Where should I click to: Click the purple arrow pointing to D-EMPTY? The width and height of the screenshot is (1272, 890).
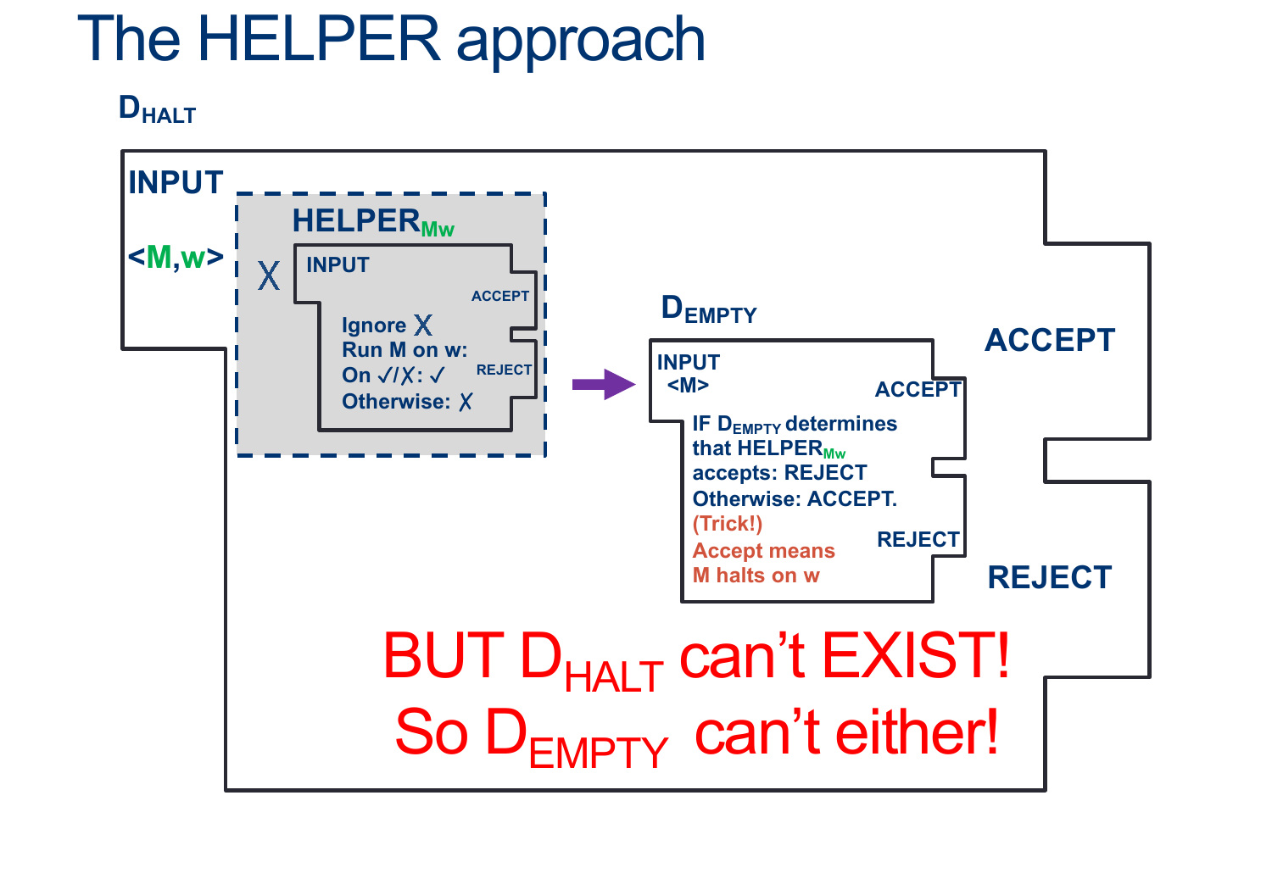click(604, 384)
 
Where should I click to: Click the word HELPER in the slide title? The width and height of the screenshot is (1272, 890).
click(319, 39)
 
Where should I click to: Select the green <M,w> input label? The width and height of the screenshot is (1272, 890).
click(176, 257)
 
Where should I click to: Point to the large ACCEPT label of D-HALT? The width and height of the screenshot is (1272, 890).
click(1050, 340)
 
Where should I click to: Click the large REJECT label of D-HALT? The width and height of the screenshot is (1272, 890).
click(1050, 577)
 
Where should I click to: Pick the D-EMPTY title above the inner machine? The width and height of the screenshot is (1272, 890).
click(709, 309)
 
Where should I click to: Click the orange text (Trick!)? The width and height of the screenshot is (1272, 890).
click(728, 523)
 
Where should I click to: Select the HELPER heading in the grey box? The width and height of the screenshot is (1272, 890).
click(373, 221)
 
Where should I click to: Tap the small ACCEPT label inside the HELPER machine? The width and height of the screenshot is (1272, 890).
click(500, 296)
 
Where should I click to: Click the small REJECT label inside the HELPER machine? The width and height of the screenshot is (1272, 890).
click(505, 370)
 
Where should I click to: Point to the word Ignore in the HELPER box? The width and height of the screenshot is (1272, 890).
click(374, 325)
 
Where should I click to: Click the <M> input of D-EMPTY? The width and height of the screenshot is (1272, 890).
click(689, 386)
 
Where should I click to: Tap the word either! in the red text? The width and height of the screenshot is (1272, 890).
click(917, 732)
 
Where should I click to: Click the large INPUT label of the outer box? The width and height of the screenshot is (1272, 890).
click(176, 182)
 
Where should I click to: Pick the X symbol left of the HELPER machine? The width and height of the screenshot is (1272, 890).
click(269, 275)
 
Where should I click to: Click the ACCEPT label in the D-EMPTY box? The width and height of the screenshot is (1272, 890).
click(918, 389)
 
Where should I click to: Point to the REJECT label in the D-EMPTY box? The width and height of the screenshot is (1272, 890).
click(918, 539)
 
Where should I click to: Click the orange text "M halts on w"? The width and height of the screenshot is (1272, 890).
click(756, 575)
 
